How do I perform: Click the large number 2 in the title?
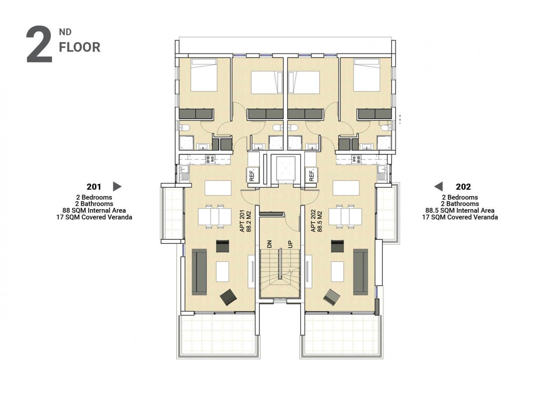(39, 44)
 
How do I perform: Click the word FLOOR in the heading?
(80, 47)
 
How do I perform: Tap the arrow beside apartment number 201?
(117, 186)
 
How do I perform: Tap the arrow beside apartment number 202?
(438, 186)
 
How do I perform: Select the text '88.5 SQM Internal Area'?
(460, 210)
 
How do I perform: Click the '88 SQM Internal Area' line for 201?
(94, 210)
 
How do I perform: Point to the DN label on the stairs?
(269, 244)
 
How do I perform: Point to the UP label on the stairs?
(290, 244)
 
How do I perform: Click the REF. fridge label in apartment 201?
(252, 175)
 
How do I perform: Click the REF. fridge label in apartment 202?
(311, 175)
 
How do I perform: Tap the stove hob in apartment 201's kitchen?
(210, 160)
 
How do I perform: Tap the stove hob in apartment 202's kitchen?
(356, 160)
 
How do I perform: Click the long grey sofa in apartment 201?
(199, 272)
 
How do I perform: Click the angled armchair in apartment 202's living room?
(332, 297)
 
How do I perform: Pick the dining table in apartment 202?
(345, 217)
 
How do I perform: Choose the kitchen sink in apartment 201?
(184, 173)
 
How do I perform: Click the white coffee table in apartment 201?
(223, 271)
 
